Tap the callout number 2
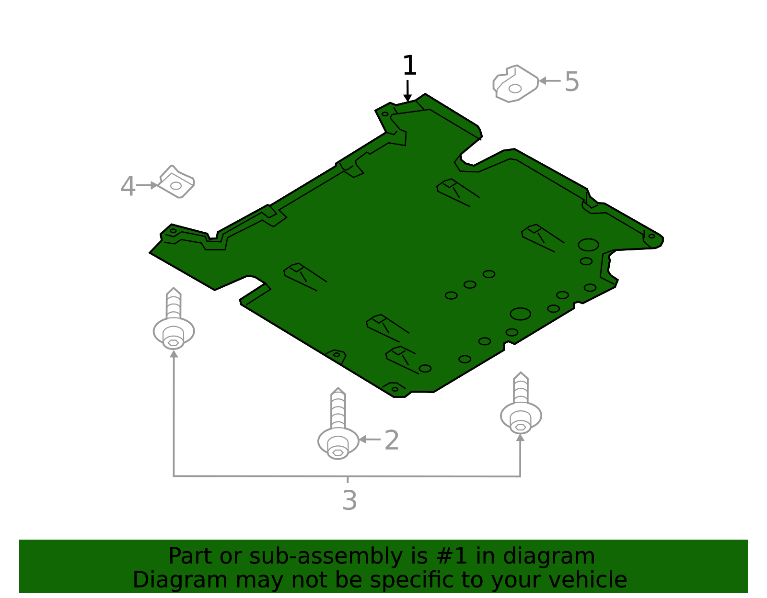392,440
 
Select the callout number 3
349,501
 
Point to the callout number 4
128,186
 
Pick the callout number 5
572,82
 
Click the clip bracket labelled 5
515,84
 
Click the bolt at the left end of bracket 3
174,321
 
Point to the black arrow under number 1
407,90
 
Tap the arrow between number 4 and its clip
147,185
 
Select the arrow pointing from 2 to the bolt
370,439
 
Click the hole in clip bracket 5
515,89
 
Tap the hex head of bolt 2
338,452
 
